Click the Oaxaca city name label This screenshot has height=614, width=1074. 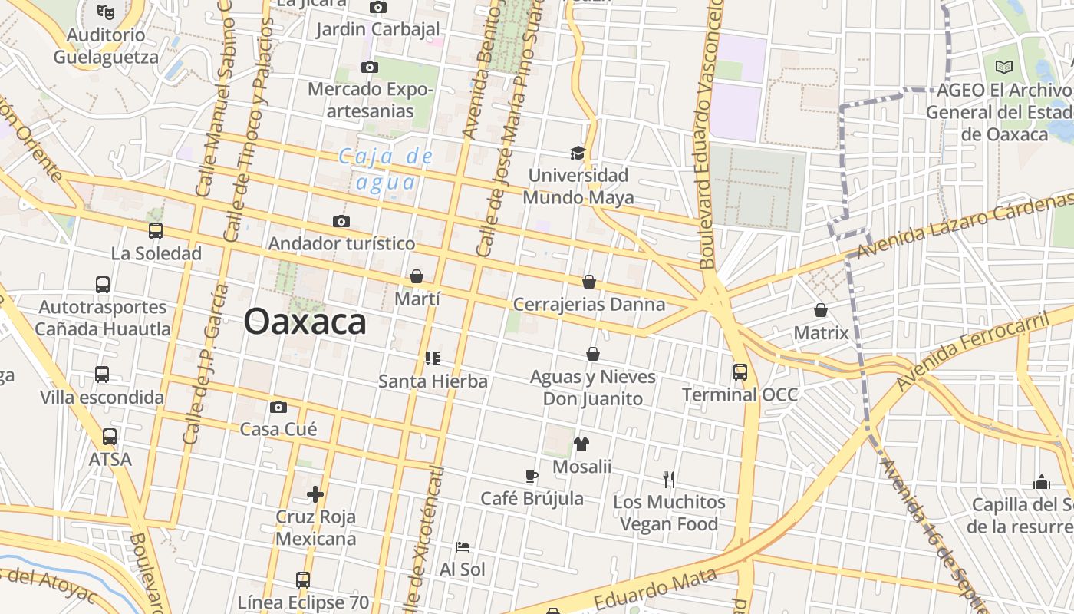point(305,322)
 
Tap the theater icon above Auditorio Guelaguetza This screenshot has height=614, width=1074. point(106,12)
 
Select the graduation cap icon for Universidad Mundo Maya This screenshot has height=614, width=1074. point(578,153)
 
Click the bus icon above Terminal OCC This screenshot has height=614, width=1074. point(740,372)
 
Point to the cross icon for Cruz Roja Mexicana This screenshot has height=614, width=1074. point(315,494)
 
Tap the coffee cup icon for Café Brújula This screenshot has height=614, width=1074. point(532,477)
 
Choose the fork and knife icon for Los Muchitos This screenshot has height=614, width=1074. point(669,480)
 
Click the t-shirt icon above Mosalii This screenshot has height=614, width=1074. point(581,444)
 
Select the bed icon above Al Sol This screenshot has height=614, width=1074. point(463,547)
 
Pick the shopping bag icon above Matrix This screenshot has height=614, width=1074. point(821,310)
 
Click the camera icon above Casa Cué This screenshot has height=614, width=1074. point(278,407)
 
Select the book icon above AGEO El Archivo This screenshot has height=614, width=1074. point(1003,68)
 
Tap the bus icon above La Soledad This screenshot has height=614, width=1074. point(156,230)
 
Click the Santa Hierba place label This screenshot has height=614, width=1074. point(433,381)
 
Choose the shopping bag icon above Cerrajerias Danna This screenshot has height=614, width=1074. point(589,282)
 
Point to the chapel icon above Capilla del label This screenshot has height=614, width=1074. point(1042,482)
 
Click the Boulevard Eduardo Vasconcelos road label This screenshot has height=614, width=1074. point(710,134)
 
